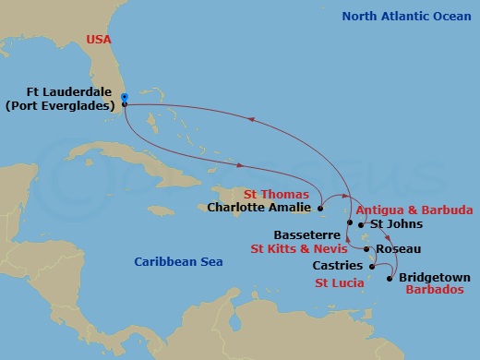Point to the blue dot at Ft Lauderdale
point(124,95)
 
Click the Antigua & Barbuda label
point(414,210)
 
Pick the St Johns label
point(396,223)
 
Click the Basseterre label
point(306,234)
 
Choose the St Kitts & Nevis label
point(297,248)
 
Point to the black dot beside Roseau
point(367,248)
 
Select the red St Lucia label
point(339,282)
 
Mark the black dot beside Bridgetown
point(391,278)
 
